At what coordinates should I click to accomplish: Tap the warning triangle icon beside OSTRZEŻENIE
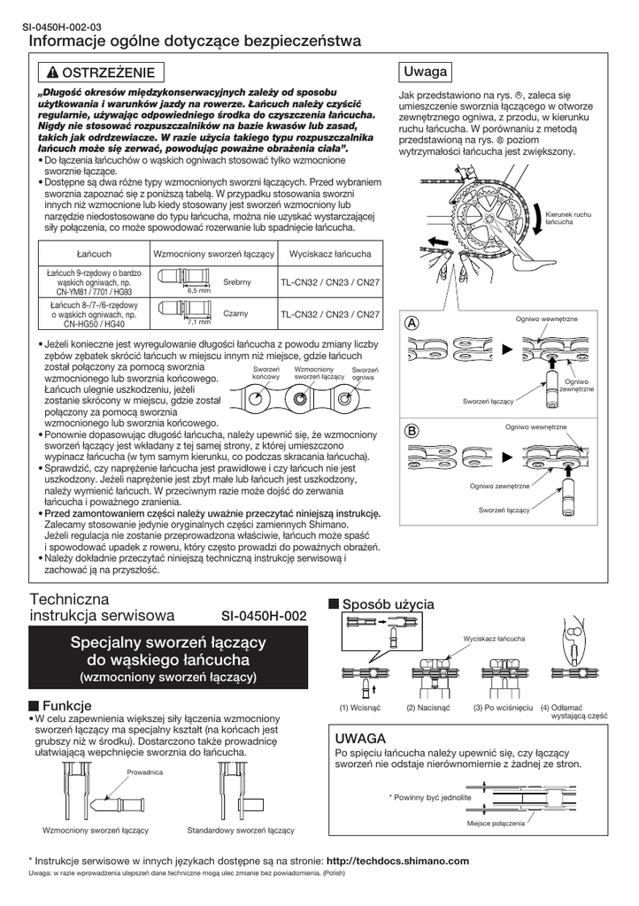coord(53,73)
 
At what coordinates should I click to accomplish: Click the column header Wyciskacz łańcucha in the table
coord(330,254)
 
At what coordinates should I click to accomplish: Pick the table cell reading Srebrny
coord(238,281)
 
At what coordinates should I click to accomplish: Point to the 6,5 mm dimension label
coord(199,290)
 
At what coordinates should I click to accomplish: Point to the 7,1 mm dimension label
coord(199,322)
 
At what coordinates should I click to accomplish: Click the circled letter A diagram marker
coord(411,323)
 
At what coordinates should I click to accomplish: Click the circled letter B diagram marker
coord(411,432)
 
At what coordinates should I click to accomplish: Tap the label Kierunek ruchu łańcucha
coord(568,219)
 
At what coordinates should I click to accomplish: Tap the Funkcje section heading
coord(67,705)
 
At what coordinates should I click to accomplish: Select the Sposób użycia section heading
coord(388,603)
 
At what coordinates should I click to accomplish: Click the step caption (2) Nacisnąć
coord(428,708)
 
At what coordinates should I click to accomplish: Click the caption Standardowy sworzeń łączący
coord(241,831)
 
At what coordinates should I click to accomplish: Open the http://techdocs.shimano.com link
coord(397,860)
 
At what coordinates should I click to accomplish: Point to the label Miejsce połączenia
coord(496,823)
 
